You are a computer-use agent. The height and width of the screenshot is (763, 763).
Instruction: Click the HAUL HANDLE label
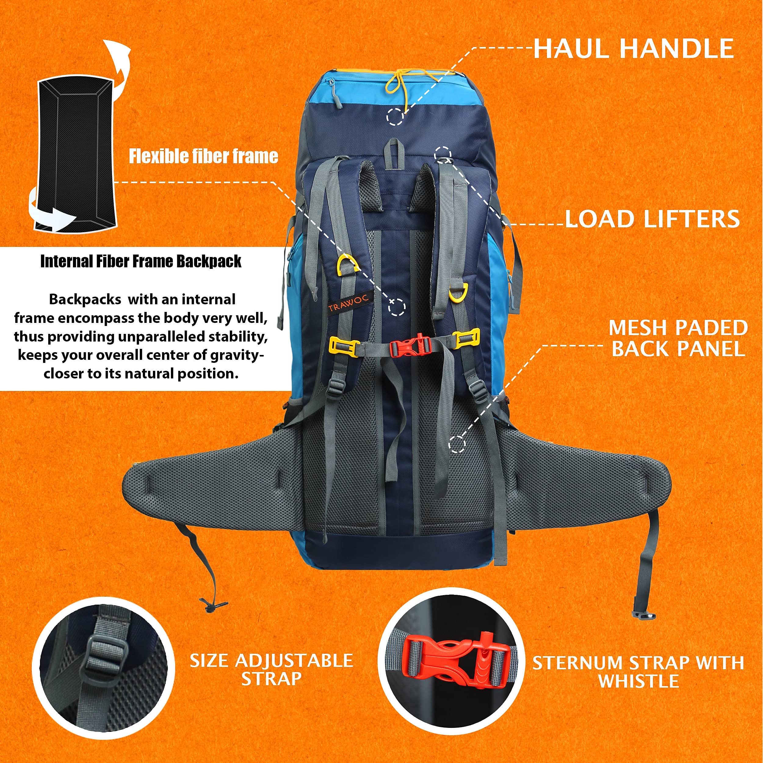point(634,49)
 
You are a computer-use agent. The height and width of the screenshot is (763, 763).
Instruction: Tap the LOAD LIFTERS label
point(653,219)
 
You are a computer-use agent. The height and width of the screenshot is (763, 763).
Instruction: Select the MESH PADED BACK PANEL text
point(678,338)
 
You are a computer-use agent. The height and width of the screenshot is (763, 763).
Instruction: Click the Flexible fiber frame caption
point(203,156)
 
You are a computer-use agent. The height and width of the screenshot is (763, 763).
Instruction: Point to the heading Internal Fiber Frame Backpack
point(141,262)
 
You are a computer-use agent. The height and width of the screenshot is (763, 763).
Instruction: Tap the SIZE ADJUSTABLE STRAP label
point(271,670)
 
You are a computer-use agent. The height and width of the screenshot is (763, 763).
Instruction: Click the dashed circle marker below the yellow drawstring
point(395,117)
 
